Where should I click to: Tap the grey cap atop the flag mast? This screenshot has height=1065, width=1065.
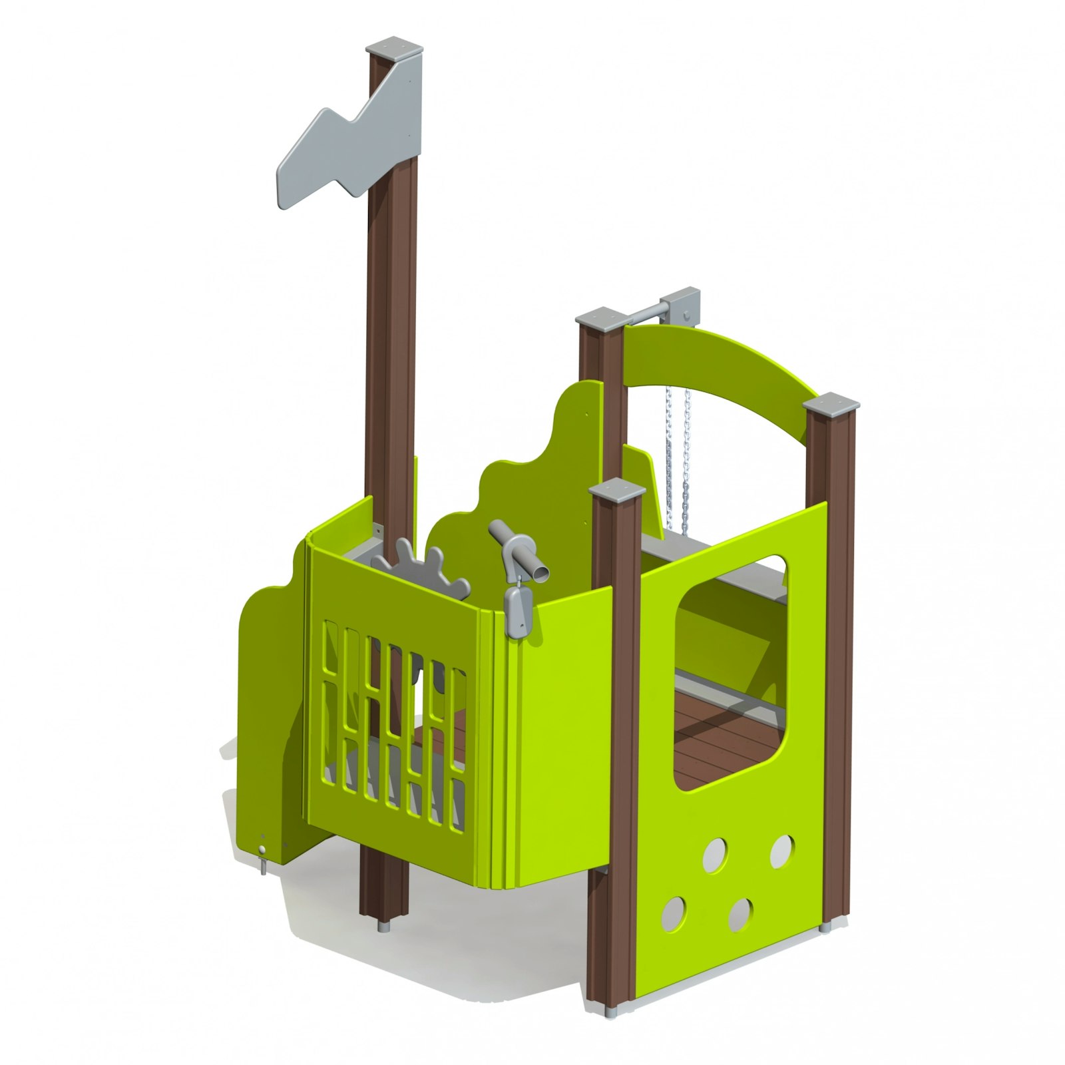pyautogui.click(x=395, y=50)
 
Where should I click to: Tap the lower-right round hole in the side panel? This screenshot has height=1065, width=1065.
pyautogui.click(x=740, y=914)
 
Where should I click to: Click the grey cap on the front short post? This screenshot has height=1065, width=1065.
pyautogui.click(x=618, y=490)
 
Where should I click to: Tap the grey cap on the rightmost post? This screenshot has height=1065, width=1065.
pyautogui.click(x=831, y=403)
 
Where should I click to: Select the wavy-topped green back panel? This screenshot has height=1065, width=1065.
pyautogui.click(x=532, y=466)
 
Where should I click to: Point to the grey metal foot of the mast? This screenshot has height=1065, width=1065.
pyautogui.click(x=384, y=926)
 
